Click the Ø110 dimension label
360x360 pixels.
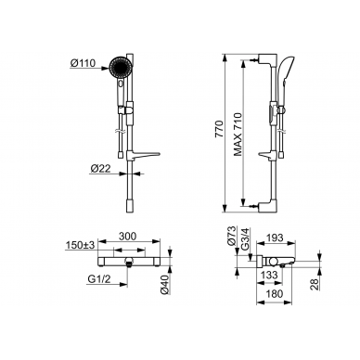point(83,64)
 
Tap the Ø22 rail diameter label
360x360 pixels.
point(101,168)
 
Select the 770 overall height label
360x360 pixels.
point(219,129)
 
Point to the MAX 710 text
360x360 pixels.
point(238,135)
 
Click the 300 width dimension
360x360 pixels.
point(127,236)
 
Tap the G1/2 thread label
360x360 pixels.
point(99,279)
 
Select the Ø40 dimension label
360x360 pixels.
point(165,285)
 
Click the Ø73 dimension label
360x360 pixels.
point(233,236)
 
